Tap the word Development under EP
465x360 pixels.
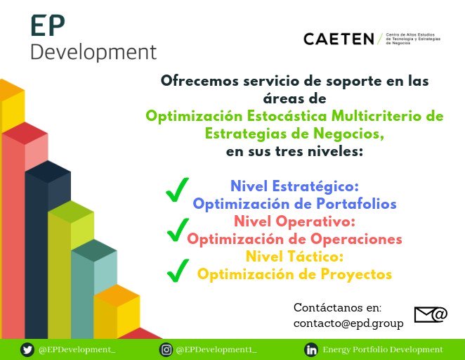point(93,52)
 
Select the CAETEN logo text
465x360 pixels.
point(339,39)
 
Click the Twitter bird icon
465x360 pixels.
point(27,349)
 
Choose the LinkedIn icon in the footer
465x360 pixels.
point(310,349)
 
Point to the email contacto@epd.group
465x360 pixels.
point(348,323)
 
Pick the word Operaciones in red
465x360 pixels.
point(354,239)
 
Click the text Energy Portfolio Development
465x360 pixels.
point(383,349)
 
